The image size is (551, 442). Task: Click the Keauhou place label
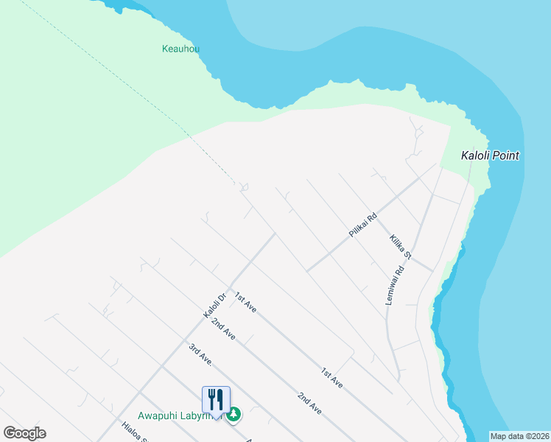point(180,49)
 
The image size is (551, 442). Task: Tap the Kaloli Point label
point(490,155)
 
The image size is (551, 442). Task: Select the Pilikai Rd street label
point(362,225)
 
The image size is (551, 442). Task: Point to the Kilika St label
point(400,247)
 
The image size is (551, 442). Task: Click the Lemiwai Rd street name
point(395,285)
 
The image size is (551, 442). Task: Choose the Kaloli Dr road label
point(214,304)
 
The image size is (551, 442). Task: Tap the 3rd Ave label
point(200,355)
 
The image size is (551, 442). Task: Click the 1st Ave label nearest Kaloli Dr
point(245,303)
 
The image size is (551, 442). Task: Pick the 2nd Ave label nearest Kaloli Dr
point(223,329)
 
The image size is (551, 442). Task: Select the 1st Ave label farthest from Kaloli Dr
point(331,378)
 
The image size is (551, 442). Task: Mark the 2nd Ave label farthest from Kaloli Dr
point(309,403)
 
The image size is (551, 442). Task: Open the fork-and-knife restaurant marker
point(216,399)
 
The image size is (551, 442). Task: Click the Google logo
point(24,433)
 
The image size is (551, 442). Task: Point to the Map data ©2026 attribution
point(519,436)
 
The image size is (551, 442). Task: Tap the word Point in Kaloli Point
point(505,155)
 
